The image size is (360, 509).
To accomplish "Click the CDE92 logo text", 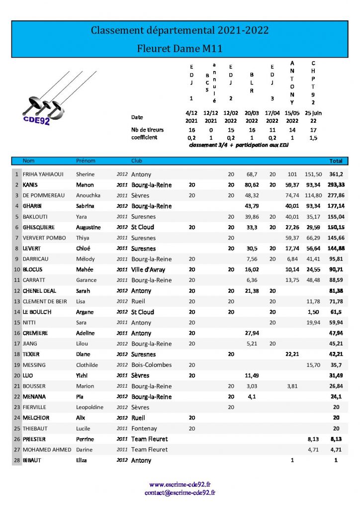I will click(x=36, y=120).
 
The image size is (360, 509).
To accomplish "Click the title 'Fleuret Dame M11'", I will click(x=180, y=49).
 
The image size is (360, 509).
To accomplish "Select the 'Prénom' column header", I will click(x=85, y=161).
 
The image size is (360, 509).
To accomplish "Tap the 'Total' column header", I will click(x=336, y=161).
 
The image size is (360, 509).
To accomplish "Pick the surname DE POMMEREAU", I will click(x=44, y=195).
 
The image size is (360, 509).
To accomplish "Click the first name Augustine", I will click(x=88, y=227).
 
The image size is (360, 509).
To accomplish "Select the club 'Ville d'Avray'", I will click(x=148, y=269).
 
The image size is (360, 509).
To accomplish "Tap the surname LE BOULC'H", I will click(x=39, y=312).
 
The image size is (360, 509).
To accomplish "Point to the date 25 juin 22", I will click(x=313, y=117).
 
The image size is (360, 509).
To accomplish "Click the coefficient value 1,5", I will click(x=313, y=138).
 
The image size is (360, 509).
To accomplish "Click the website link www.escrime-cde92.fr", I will click(x=180, y=484).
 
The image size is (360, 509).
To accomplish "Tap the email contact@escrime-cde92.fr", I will click(x=180, y=493).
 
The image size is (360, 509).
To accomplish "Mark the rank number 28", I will click(x=16, y=460).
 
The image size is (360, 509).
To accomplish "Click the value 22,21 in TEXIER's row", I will click(x=292, y=354).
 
